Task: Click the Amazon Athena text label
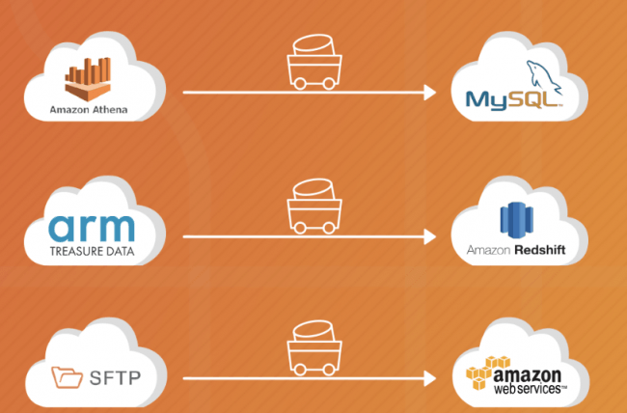pyautogui.click(x=89, y=109)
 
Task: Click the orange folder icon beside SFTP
pyautogui.click(x=68, y=376)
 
